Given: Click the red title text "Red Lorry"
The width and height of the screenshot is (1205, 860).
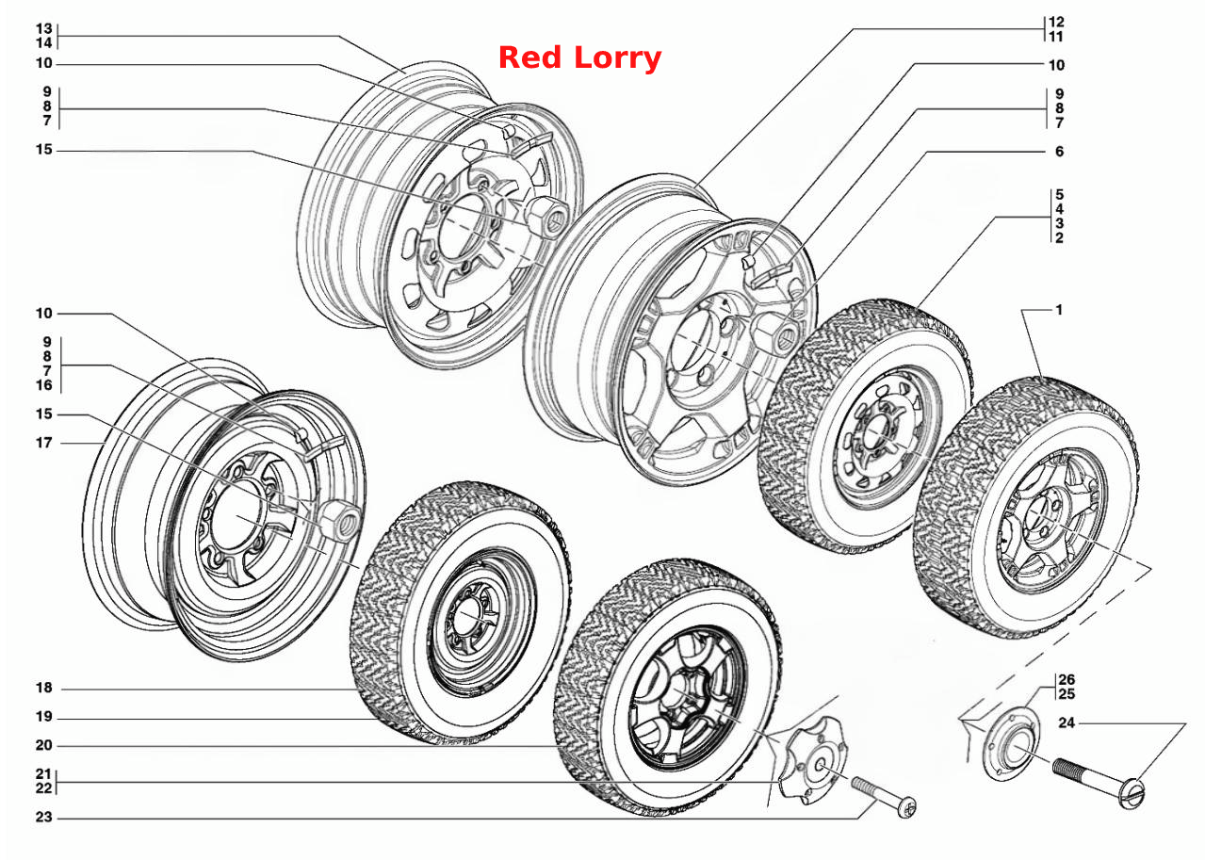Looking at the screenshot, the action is [x=579, y=58].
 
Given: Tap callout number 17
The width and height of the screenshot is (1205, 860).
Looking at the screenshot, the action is [x=44, y=443].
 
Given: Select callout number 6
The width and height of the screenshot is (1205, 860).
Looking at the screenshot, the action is [x=1059, y=151].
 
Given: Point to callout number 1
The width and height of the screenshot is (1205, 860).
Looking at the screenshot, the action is [x=1059, y=310].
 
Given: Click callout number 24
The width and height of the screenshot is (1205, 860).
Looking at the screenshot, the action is [x=1067, y=722].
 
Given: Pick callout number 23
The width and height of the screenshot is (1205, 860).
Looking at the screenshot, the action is [x=44, y=817].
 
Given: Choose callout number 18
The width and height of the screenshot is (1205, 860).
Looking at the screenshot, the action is [x=44, y=688].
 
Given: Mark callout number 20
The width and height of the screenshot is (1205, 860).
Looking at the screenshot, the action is [x=44, y=745].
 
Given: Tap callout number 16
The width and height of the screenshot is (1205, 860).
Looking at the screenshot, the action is [x=44, y=385].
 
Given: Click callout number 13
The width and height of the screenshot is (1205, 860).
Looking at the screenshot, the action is [x=44, y=28].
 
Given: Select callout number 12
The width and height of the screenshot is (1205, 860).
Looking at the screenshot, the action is [x=1056, y=22].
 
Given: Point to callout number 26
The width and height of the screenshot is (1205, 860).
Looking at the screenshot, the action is [x=1067, y=679].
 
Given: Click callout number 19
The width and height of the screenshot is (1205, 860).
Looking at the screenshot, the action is [x=44, y=717].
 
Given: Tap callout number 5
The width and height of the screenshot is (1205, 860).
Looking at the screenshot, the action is [x=1059, y=194].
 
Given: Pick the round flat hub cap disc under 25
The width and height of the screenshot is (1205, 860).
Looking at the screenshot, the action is [x=1011, y=744].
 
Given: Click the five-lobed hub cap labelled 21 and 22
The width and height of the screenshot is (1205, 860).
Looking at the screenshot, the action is [x=813, y=760].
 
